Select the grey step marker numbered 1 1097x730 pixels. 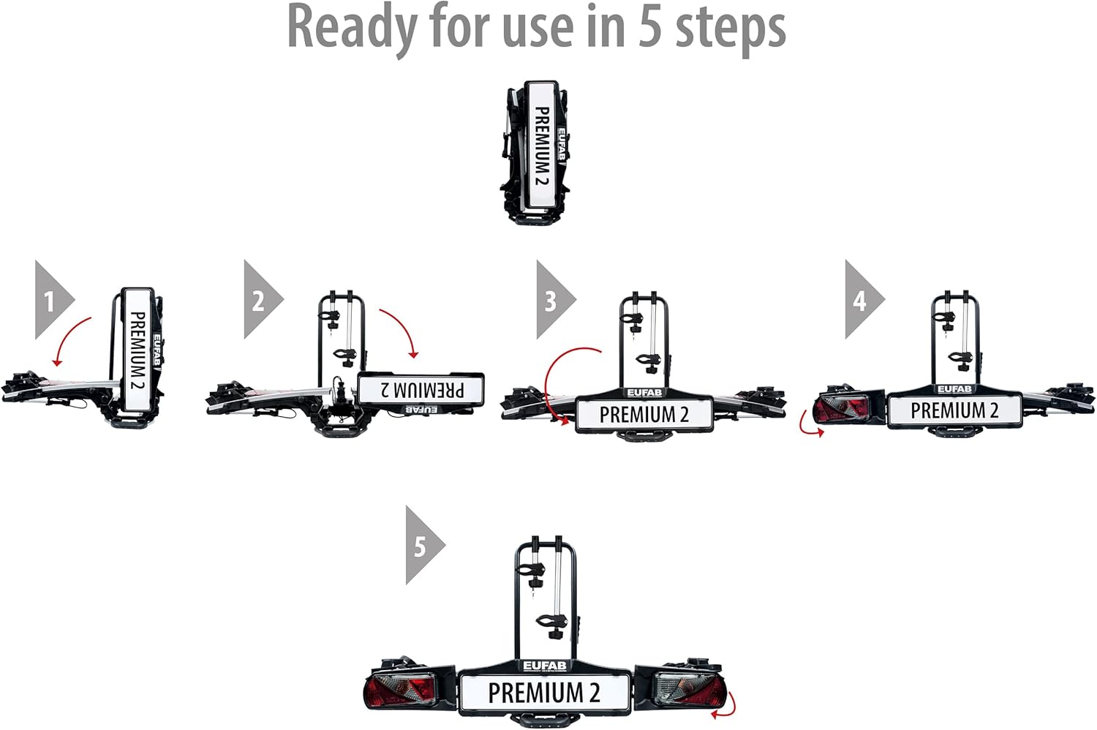(50, 300)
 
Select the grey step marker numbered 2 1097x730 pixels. (258, 300)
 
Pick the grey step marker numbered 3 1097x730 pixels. (551, 300)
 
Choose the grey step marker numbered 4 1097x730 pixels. (860, 300)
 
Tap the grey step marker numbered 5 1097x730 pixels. (421, 546)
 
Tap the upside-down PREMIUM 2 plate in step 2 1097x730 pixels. (421, 389)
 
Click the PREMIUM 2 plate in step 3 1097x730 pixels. (644, 415)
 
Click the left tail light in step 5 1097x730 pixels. (401, 689)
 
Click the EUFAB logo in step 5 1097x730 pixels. (544, 666)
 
